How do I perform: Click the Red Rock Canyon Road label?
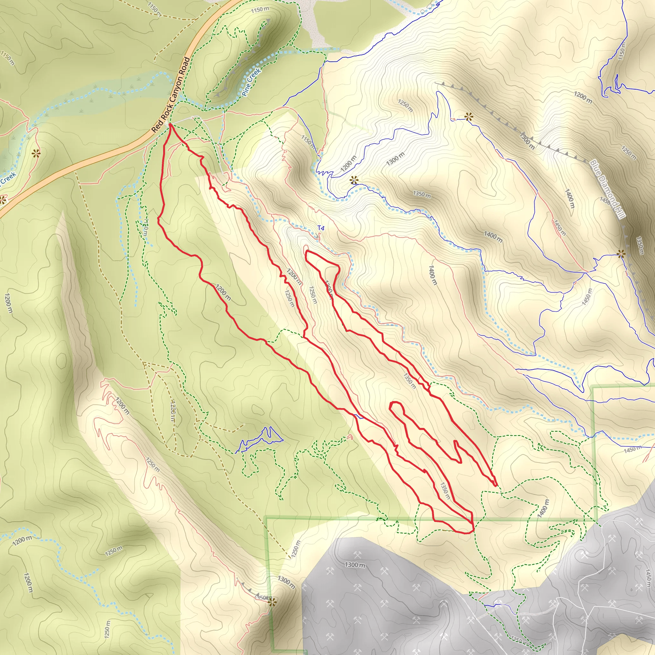coord(171,95)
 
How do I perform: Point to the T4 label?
coord(321,228)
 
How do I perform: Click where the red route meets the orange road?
coord(170,124)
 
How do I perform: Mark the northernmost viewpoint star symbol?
coord(469,117)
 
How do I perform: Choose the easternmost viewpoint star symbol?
coord(621,254)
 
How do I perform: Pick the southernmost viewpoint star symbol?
coord(272,603)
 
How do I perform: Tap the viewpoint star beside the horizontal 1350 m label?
coord(354,180)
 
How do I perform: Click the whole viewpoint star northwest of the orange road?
coord(36,154)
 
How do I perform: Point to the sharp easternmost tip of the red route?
coord(496,485)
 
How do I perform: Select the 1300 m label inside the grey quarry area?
coord(355,565)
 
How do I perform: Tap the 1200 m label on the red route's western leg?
coord(224,292)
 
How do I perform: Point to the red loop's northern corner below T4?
coord(306,252)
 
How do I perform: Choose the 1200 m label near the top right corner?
coord(583,97)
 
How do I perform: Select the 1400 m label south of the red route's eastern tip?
coord(542,508)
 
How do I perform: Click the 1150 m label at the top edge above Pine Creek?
coord(260,10)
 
